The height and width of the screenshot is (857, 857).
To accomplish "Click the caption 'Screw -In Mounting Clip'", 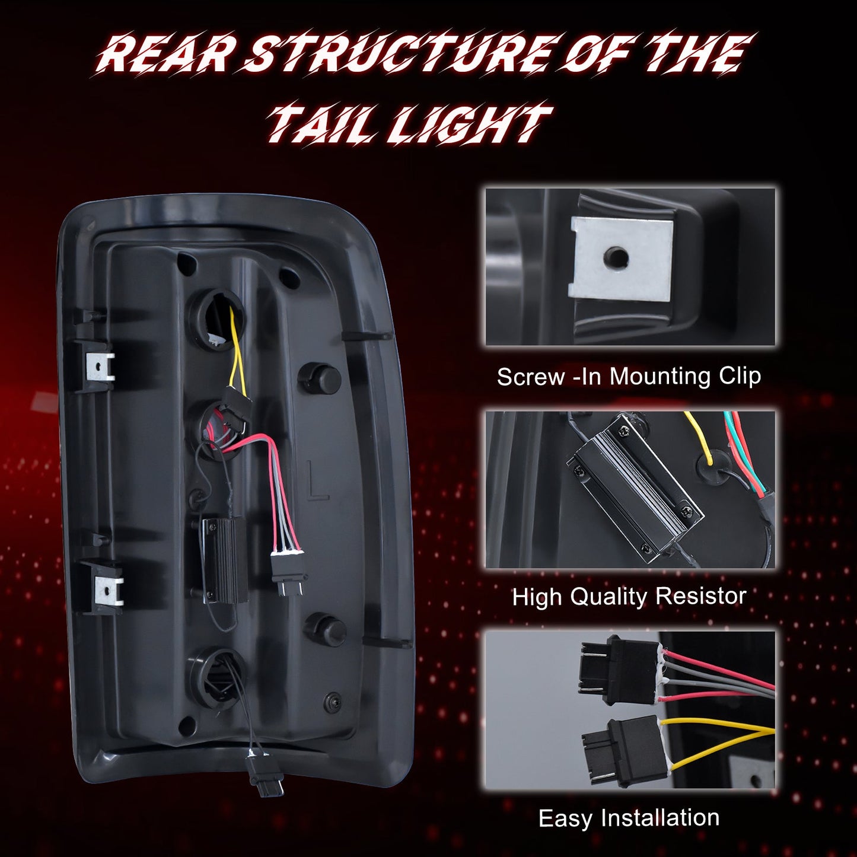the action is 629,377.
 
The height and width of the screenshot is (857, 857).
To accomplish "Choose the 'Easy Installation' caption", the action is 629,817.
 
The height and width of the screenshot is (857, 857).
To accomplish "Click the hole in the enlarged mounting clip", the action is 616,256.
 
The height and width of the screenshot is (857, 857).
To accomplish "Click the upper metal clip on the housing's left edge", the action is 101,367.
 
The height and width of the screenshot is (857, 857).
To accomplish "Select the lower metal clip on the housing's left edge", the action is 108,589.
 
